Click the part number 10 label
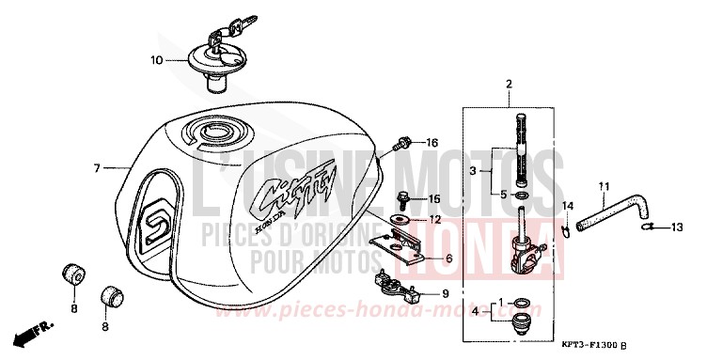click(x=156, y=59)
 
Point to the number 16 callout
click(x=432, y=143)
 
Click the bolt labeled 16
click(x=403, y=144)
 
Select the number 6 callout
click(x=448, y=258)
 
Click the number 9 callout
click(x=446, y=294)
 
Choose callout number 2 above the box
click(x=509, y=85)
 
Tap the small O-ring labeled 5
click(x=523, y=196)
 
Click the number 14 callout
click(x=567, y=205)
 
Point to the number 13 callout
click(x=678, y=227)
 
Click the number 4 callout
click(x=474, y=309)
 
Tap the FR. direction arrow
click(x=32, y=334)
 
